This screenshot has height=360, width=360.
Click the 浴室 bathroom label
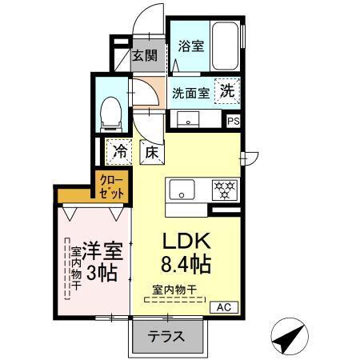190,46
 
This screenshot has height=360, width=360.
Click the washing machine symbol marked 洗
227,91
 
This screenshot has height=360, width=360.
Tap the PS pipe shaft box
234,121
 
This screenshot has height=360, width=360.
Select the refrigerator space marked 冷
120,150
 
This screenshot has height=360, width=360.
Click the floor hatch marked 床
150,150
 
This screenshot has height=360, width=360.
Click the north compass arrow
290,334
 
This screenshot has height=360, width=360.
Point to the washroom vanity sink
190,120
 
